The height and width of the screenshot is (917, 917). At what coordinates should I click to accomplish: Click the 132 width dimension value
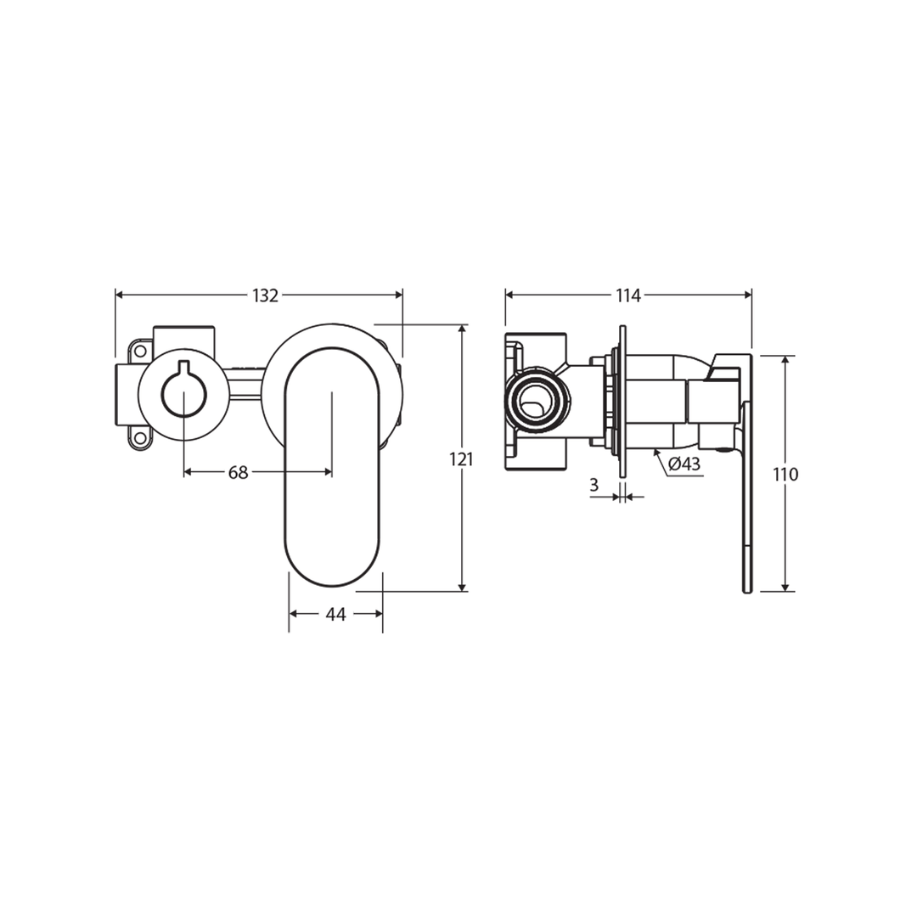coord(265,295)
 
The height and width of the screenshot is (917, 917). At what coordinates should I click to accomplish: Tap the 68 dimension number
coord(238,473)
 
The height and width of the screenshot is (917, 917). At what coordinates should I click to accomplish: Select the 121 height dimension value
coord(461,459)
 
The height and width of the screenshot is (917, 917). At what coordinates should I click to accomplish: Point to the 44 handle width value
coord(336,614)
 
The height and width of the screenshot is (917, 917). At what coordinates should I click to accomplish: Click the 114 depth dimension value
coord(627,295)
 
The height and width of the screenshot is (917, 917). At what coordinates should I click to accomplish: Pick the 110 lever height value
coord(786,475)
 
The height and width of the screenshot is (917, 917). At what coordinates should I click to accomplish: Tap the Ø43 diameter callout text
coord(684,464)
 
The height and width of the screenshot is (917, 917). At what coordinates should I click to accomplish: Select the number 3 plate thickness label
coord(594,485)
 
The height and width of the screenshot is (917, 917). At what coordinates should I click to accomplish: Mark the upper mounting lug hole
coord(140,350)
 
